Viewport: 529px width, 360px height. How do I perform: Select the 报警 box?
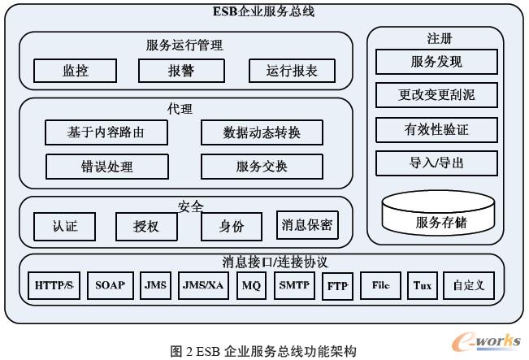[180, 71]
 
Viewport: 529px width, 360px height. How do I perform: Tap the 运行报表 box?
[290, 71]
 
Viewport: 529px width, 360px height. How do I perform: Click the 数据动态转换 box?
[261, 132]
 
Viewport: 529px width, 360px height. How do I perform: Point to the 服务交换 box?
[261, 167]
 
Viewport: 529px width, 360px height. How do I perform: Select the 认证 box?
[65, 226]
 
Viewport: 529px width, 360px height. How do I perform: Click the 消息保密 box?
[306, 225]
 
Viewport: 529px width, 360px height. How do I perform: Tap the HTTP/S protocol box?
[55, 286]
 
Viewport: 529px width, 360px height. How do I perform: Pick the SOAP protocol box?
[110, 286]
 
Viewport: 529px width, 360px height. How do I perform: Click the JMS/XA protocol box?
[203, 286]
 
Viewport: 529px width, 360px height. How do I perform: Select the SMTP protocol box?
[293, 286]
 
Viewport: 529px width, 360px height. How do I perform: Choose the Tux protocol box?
[423, 286]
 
